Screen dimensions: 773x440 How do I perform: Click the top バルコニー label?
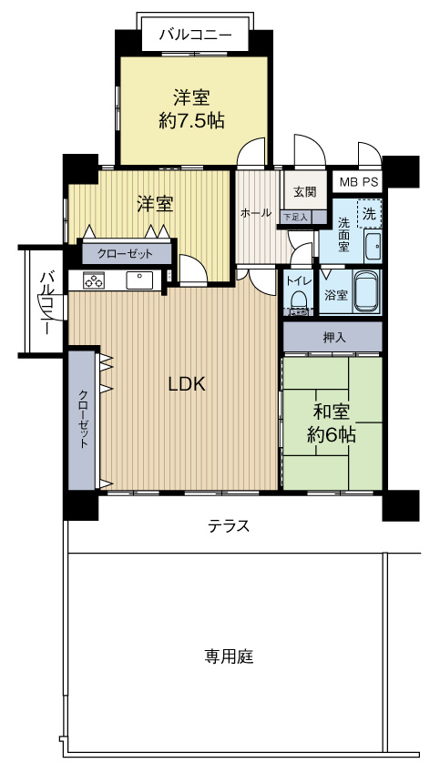tap(195, 36)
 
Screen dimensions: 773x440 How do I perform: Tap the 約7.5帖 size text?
tap(192, 119)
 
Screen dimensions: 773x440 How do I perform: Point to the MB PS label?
tap(358, 182)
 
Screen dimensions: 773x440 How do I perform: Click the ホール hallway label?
tap(255, 213)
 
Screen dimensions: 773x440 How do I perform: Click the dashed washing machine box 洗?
tap(369, 214)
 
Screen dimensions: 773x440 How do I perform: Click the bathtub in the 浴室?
tap(364, 291)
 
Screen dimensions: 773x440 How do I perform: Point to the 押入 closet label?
tap(333, 338)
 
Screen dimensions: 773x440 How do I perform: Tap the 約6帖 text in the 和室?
tap(332, 435)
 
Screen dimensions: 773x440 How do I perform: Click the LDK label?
tap(186, 384)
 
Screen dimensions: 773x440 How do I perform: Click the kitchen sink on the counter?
tap(139, 280)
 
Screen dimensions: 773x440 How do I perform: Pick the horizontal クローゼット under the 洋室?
tap(126, 254)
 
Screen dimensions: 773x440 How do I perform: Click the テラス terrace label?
tap(229, 526)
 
